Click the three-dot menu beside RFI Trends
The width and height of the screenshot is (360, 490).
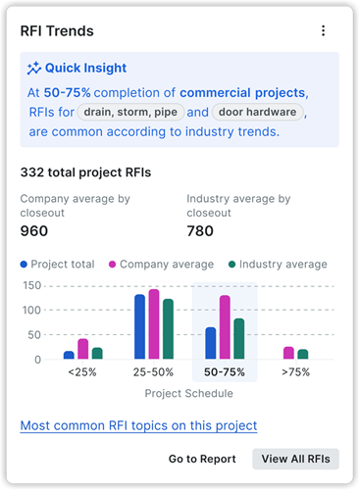pos(324,31)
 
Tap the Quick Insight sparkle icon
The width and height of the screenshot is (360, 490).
pos(34,69)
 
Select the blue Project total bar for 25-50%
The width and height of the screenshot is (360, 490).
pos(139,326)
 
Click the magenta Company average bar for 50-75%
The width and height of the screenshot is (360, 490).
pos(225,327)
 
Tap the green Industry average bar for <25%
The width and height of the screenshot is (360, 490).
pos(97,353)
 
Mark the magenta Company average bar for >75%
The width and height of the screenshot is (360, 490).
pos(288,353)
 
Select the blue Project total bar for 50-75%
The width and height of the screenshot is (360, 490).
pos(210,343)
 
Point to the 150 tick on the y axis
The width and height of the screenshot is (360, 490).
pos(31,286)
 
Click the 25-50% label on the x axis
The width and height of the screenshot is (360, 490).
pos(154,373)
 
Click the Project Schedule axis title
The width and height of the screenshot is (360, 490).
pos(188,394)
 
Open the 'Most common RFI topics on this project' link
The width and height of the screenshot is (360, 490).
pos(138,425)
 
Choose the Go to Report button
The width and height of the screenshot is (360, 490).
pos(202,459)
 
